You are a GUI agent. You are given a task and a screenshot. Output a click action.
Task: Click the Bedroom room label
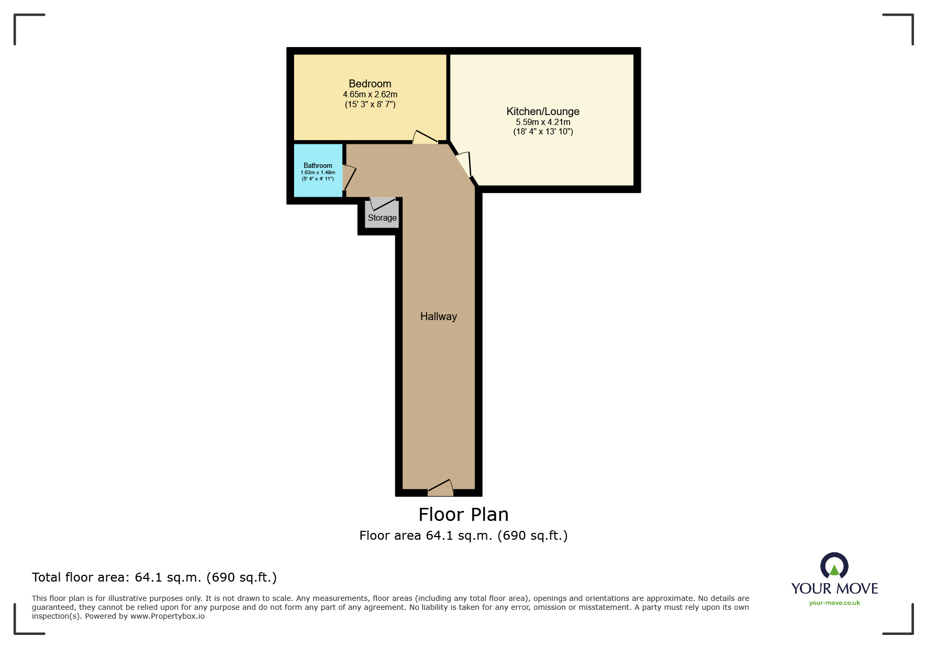(370, 84)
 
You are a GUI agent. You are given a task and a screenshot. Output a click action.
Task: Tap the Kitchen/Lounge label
(542, 111)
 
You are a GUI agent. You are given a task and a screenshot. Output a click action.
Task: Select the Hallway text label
(438, 316)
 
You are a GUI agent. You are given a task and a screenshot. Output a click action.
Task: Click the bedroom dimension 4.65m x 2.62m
(370, 95)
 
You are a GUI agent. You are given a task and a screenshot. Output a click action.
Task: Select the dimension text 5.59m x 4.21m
(543, 122)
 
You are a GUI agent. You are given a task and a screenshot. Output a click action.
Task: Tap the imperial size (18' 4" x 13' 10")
(543, 132)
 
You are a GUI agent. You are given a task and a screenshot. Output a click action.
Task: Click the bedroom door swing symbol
(425, 138)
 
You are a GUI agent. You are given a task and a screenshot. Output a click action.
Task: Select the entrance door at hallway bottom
(441, 488)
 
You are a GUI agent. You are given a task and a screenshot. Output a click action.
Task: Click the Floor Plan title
(463, 515)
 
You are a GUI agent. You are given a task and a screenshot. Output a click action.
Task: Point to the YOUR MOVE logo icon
(834, 567)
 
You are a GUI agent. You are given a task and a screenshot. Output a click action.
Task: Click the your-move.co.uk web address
(834, 603)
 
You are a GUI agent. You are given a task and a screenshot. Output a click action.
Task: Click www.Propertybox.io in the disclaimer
(167, 616)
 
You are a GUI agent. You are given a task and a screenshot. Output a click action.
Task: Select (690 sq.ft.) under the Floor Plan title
(532, 536)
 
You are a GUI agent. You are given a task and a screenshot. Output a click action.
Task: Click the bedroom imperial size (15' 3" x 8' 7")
(370, 105)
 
